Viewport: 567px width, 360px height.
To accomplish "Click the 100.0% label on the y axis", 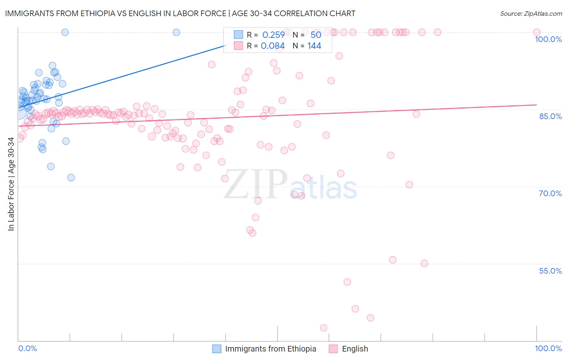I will coord(548,39).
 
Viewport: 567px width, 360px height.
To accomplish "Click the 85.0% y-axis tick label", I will coord(550,116).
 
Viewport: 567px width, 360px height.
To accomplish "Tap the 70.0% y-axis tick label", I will coord(550,193).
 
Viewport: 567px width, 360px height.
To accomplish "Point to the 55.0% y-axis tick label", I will coord(550,271).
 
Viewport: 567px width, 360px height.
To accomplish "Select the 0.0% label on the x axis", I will coord(27,348).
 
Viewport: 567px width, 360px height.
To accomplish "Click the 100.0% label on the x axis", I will coord(548,348).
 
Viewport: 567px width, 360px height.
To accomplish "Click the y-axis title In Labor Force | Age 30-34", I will coord(11,184).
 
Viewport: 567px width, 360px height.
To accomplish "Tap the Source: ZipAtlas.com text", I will coord(531,13).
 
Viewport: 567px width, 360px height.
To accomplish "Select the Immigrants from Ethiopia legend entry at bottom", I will coord(270,349).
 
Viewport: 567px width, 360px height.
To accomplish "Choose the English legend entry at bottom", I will coord(354,349).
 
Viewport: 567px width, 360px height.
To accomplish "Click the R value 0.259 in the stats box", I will coord(273,35).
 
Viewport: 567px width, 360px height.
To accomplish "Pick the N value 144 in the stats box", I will coord(314,46).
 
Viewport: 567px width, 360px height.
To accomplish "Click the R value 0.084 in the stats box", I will coord(273,46).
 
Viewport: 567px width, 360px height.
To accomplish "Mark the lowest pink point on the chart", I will coord(323,328).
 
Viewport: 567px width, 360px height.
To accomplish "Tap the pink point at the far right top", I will coord(536,32).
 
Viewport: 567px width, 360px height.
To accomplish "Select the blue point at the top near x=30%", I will coord(176,32).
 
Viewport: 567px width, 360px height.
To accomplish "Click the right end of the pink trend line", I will coord(536,105).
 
